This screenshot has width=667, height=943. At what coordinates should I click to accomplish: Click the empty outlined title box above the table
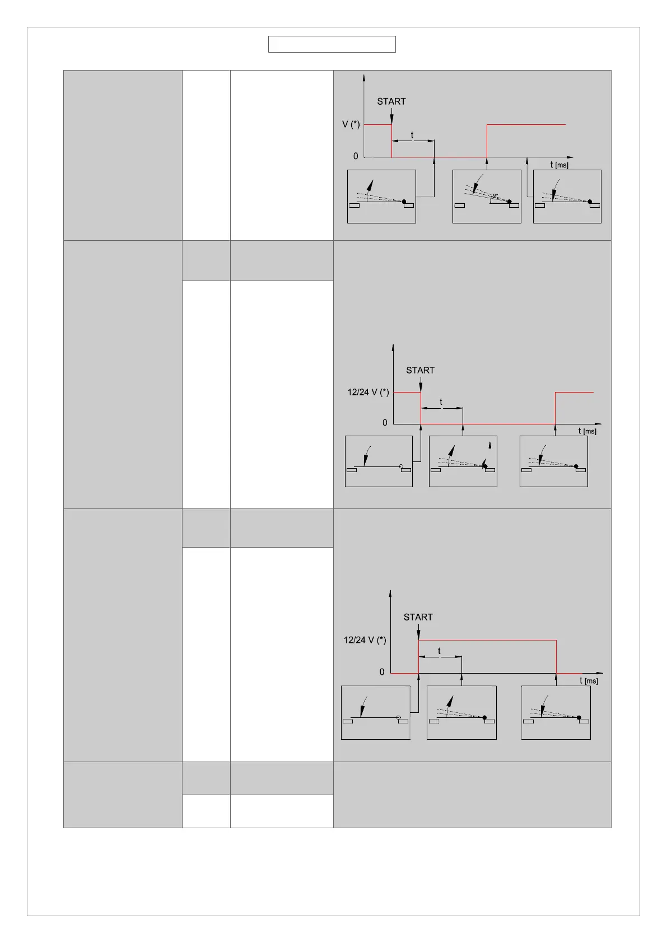tap(332, 44)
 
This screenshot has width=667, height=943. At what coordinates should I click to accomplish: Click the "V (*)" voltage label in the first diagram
tap(351, 124)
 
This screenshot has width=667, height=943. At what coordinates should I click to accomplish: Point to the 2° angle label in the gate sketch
tap(495, 196)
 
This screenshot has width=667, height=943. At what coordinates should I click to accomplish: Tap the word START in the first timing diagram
tap(391, 101)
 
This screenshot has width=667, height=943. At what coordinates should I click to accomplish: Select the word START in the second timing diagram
tap(420, 370)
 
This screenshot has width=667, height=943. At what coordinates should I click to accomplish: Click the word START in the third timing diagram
tap(418, 617)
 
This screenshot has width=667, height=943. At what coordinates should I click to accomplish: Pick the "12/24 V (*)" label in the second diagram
tap(368, 392)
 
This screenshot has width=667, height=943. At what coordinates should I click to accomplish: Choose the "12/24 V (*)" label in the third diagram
tap(365, 640)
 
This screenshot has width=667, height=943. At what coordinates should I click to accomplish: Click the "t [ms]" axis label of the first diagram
tap(559, 165)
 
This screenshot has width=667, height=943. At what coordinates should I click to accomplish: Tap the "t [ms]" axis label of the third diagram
tap(589, 681)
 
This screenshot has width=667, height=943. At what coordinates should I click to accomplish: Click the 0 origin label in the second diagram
tap(385, 423)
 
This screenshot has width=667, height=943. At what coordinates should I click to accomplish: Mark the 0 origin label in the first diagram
tap(356, 156)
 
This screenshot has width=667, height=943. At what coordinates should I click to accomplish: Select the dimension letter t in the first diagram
tap(412, 135)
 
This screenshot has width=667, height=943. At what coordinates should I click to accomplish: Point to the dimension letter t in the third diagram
tap(439, 651)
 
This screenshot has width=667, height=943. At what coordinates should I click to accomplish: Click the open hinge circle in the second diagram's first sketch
tap(401, 466)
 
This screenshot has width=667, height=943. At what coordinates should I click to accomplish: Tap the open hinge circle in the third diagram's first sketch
tap(399, 717)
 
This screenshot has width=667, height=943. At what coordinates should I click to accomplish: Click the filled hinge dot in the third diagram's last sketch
tap(579, 717)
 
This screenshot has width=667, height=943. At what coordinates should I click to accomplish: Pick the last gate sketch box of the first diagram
tap(567, 197)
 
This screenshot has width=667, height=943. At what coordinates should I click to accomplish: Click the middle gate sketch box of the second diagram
tap(463, 461)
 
